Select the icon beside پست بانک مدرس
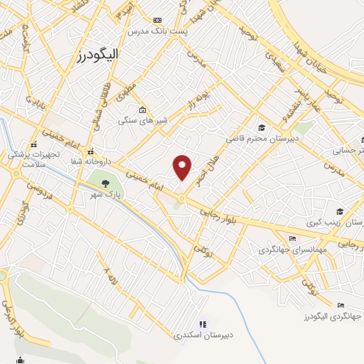[157, 21]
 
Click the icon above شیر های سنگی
[143, 109]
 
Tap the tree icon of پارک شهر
[105, 184]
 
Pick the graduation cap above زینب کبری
[340, 212]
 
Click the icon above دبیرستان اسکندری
[203, 324]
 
